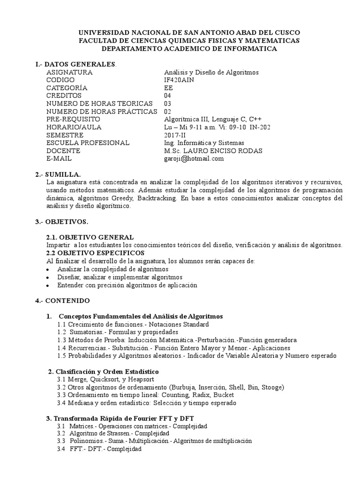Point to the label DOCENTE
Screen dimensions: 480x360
pyautogui.click(x=64, y=150)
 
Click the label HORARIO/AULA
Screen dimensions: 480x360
pyautogui.click(x=74, y=127)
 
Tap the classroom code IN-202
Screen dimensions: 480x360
pyautogui.click(x=260, y=127)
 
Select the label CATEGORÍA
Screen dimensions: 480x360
pyautogui.click(x=67, y=88)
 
